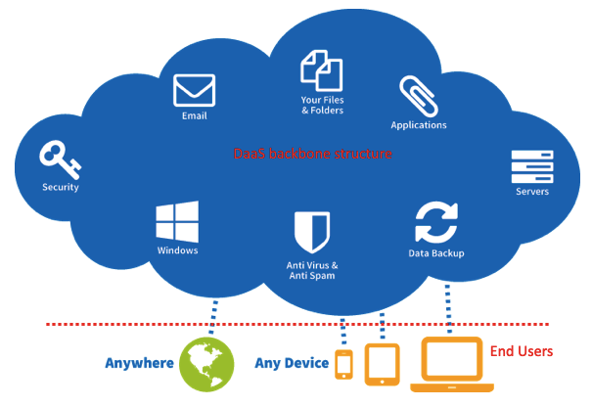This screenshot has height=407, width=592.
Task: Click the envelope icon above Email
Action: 194,90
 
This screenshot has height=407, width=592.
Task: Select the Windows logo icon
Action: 177,222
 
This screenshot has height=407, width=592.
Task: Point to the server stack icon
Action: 531,165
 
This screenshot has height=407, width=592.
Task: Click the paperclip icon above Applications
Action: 418,96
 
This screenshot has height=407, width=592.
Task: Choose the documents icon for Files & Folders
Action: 321,70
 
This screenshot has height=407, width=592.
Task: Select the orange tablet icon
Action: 381,363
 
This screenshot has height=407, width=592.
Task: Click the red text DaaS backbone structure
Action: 313,155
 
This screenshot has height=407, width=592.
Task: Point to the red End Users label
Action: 522,351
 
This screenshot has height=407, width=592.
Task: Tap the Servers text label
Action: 532,192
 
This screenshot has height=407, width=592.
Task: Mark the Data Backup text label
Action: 436,253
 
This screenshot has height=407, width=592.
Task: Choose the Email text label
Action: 194,116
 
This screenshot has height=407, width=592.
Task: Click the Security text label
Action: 61,187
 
